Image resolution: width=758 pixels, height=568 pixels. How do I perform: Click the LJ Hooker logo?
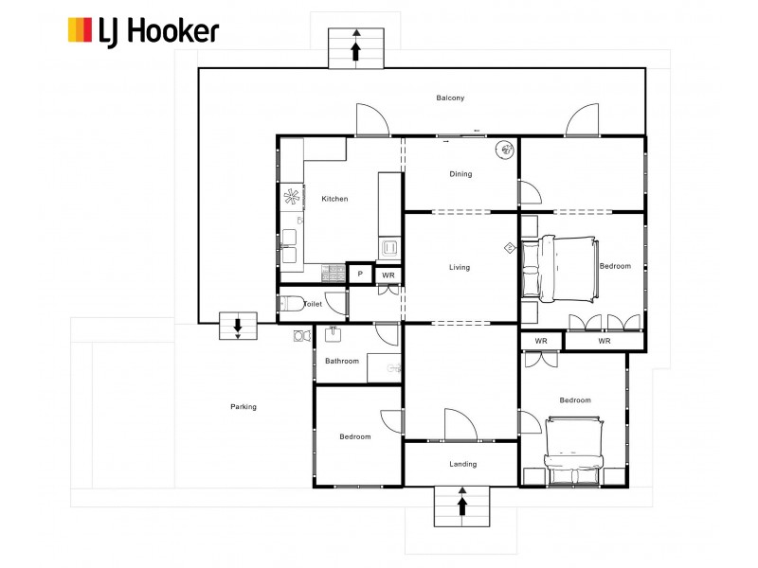click(142, 30)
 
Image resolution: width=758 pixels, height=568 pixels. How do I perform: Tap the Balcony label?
click(450, 98)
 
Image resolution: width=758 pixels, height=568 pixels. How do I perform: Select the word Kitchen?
click(334, 199)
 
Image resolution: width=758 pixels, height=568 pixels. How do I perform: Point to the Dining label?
click(460, 174)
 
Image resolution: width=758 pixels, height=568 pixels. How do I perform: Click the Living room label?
click(460, 268)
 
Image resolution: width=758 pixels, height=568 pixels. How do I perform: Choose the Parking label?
click(244, 407)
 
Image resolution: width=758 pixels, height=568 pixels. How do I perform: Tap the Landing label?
click(463, 464)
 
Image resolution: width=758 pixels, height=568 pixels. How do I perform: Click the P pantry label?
click(359, 275)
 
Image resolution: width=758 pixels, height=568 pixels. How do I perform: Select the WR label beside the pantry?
click(388, 275)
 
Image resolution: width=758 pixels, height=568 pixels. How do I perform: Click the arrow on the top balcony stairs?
click(356, 50)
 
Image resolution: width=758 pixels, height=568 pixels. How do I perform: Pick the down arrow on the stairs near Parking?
click(237, 328)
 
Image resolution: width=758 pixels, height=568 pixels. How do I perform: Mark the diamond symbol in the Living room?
click(509, 248)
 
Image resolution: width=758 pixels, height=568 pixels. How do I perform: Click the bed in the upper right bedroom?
click(559, 266)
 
